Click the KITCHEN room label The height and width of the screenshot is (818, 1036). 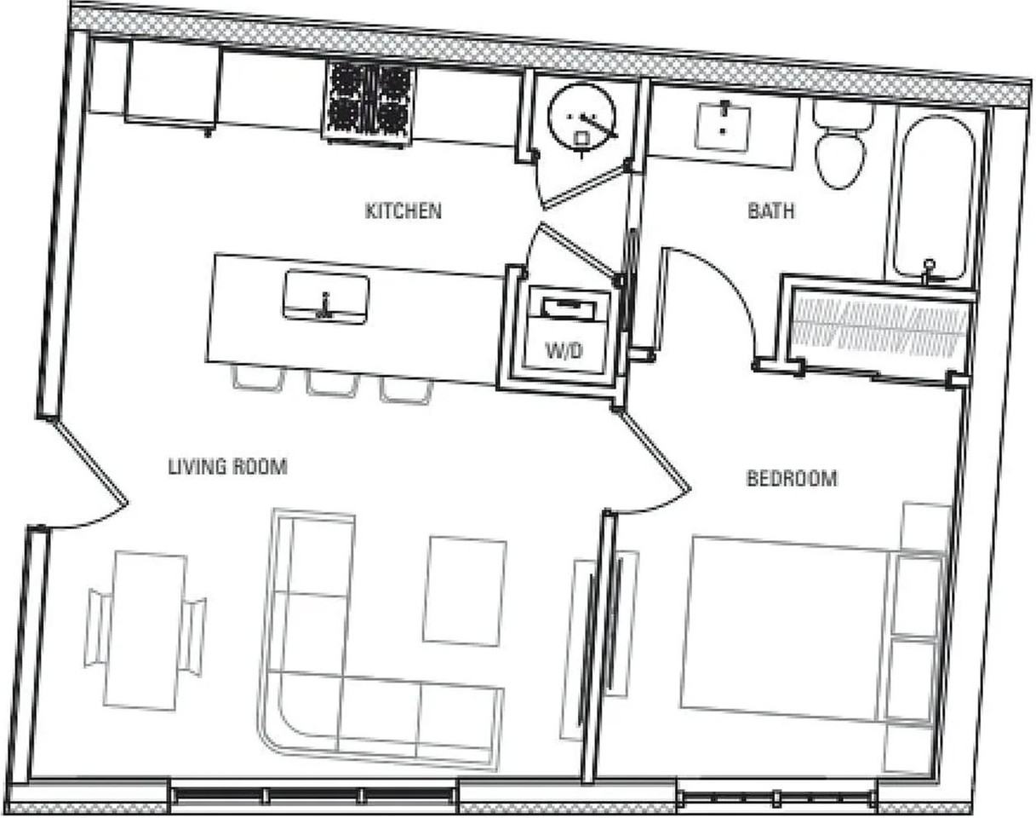[403, 210]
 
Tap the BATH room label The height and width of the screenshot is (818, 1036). [770, 210]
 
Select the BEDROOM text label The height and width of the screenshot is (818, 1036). [791, 478]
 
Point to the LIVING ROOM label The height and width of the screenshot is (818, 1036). [227, 466]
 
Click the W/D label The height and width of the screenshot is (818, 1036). [564, 350]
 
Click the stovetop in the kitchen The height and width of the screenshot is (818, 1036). [369, 101]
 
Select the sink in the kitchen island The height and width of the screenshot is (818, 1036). [326, 297]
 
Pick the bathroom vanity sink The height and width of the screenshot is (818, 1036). [724, 124]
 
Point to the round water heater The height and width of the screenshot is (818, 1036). [582, 119]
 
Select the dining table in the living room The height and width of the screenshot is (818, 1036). [146, 631]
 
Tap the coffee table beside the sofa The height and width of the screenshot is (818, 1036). [464, 590]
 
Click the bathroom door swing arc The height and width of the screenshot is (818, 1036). [715, 281]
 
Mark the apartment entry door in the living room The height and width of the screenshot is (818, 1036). [85, 477]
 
